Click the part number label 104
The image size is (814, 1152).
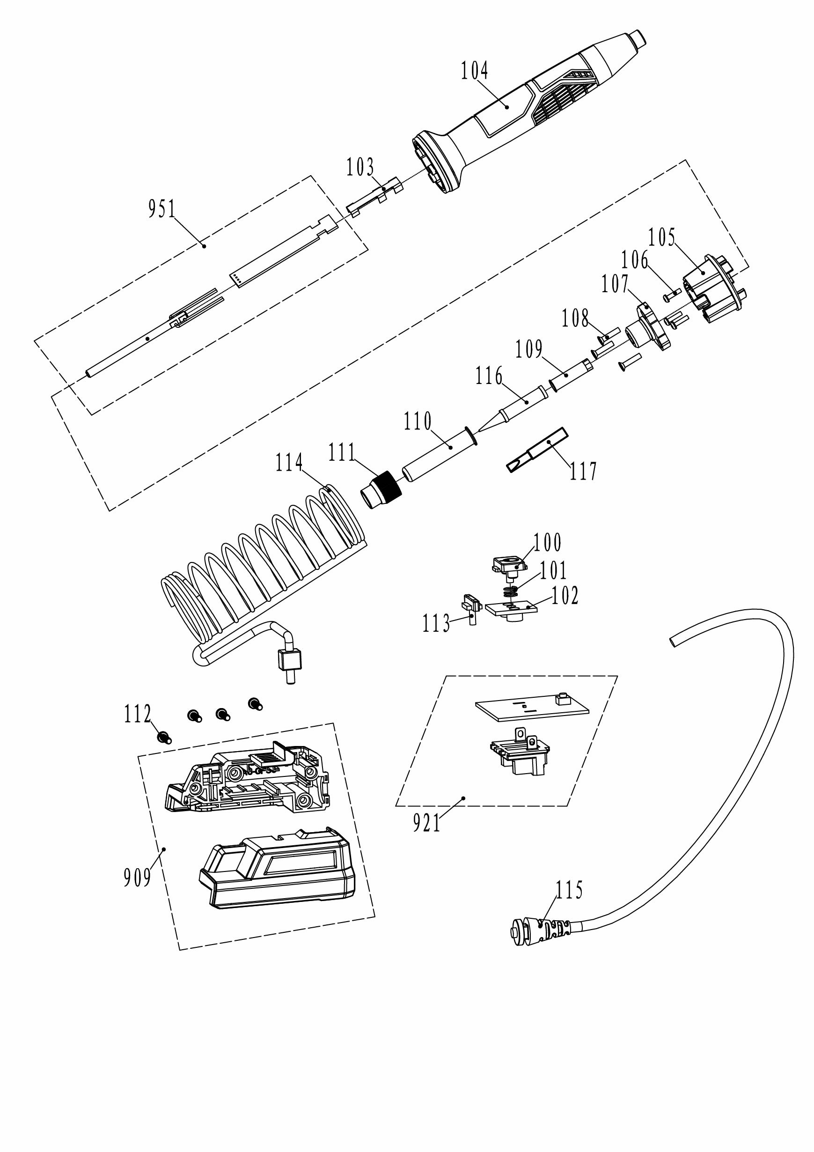[x=475, y=71]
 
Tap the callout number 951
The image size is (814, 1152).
[x=162, y=209]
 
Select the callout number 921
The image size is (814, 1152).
[x=427, y=823]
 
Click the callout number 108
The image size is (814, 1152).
[x=575, y=319]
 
